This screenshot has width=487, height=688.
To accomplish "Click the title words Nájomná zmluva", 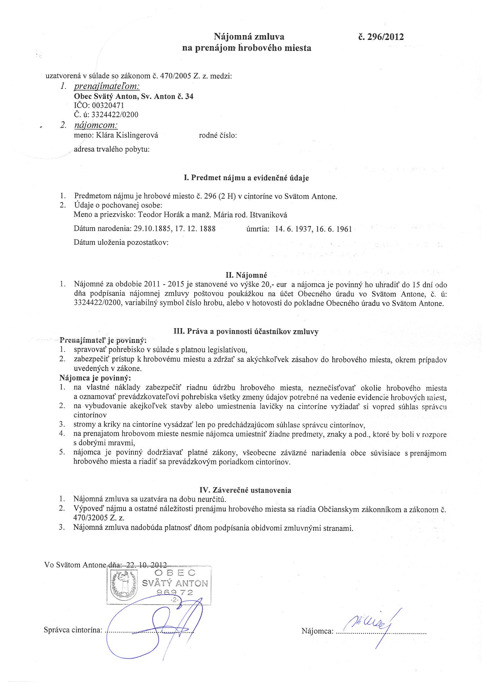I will [x=248, y=37].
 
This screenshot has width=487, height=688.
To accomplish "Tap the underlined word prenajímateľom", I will [x=107, y=87].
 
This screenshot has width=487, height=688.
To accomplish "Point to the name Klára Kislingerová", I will [x=127, y=135].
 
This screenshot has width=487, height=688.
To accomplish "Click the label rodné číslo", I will [x=218, y=135].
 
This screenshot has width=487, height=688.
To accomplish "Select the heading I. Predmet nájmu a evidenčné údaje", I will [x=246, y=178].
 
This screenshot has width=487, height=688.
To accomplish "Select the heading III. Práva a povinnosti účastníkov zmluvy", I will [x=246, y=331].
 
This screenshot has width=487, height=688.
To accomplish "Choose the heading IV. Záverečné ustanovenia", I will [x=245, y=491].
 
